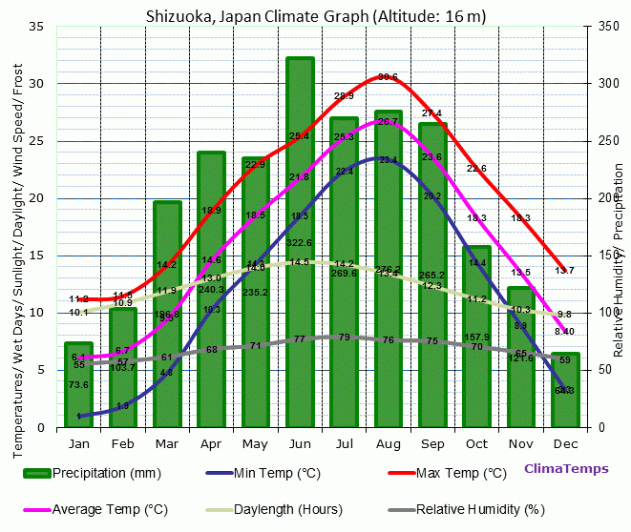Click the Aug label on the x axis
(388, 444)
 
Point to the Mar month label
(167, 444)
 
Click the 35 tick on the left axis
(37, 27)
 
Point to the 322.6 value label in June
(300, 243)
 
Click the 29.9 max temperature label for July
(344, 96)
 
